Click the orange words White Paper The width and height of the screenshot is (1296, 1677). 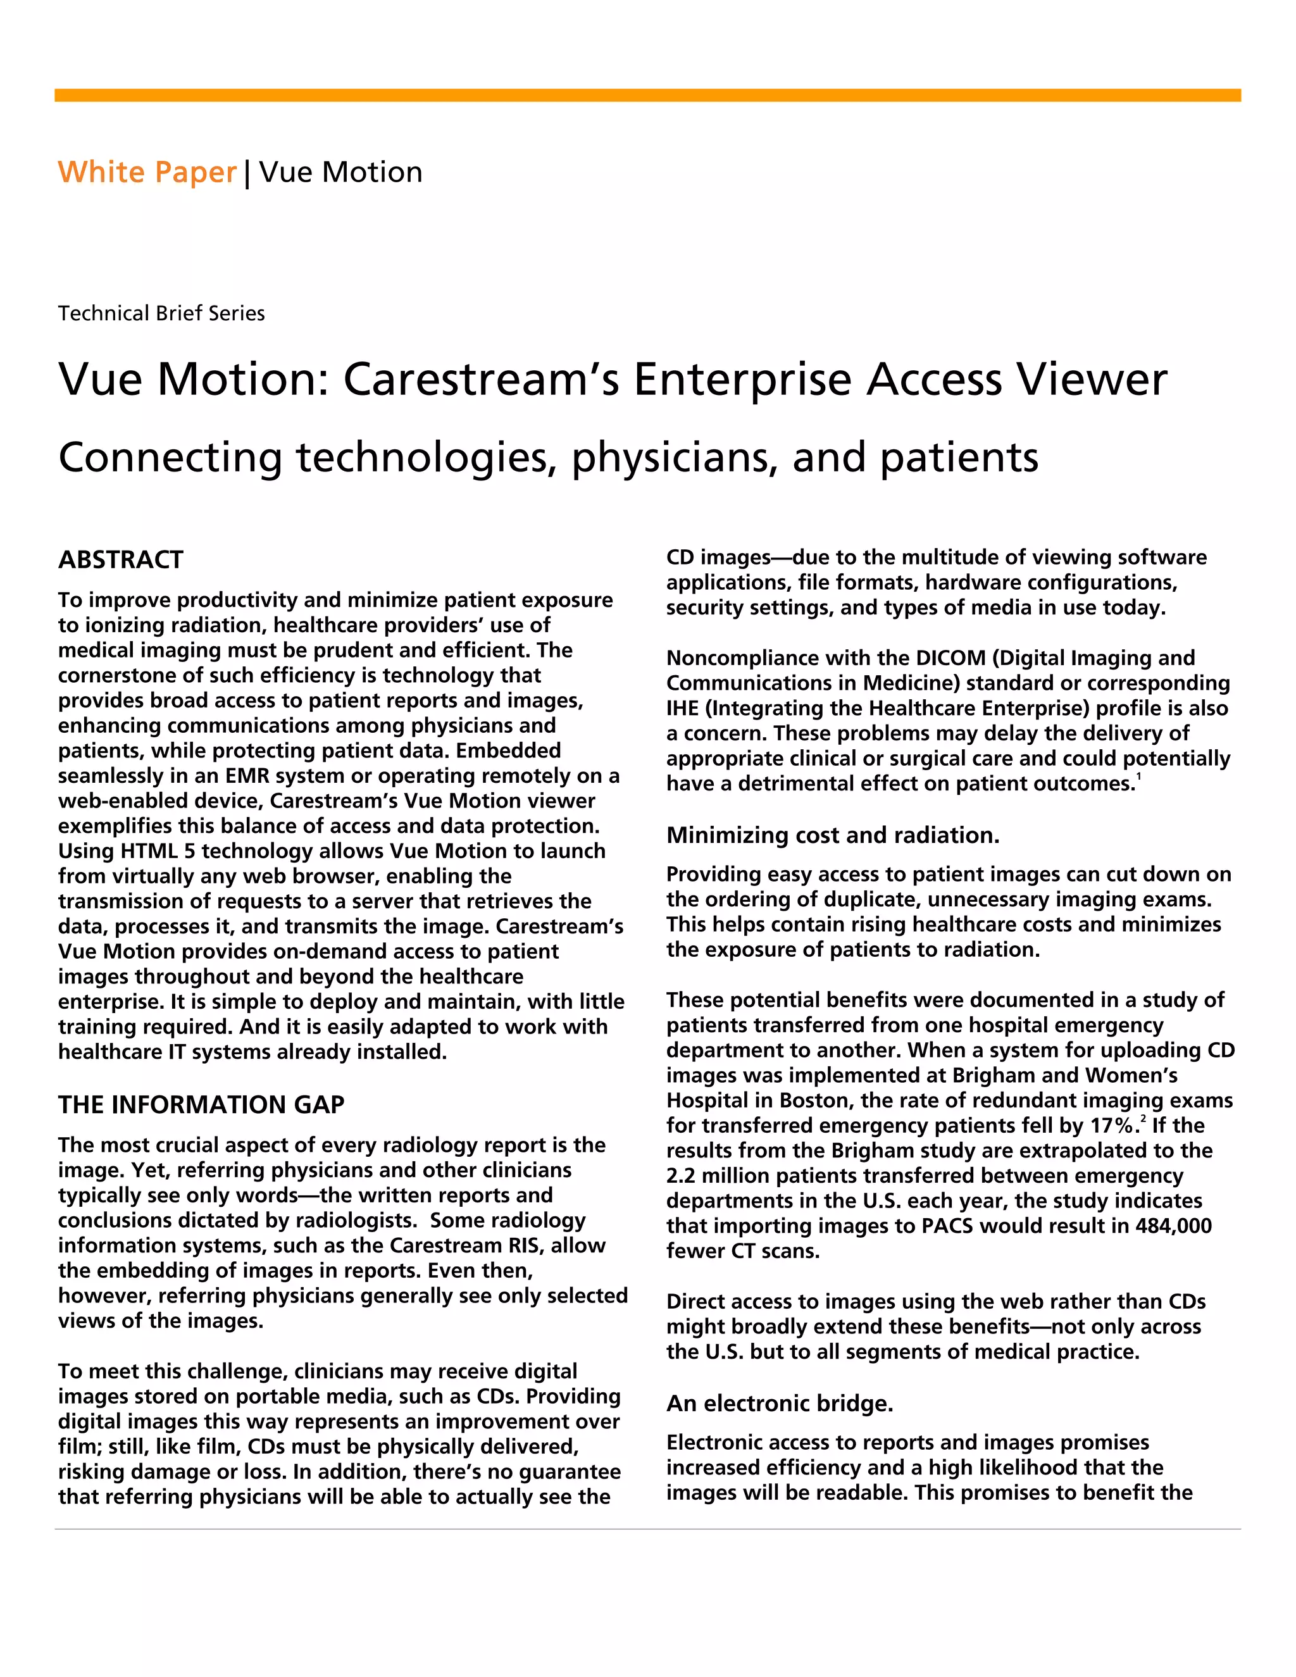coord(147,172)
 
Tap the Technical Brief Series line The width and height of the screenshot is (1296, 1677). coord(161,313)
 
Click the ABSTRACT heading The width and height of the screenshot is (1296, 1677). coord(120,560)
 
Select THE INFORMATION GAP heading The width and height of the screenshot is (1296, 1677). coord(201,1104)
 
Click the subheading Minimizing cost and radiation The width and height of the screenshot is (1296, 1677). coord(832,835)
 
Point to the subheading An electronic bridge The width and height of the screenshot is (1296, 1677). coord(779,1403)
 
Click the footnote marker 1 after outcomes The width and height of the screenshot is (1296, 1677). coord(1138,778)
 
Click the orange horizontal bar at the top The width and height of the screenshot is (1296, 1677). coord(647,95)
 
